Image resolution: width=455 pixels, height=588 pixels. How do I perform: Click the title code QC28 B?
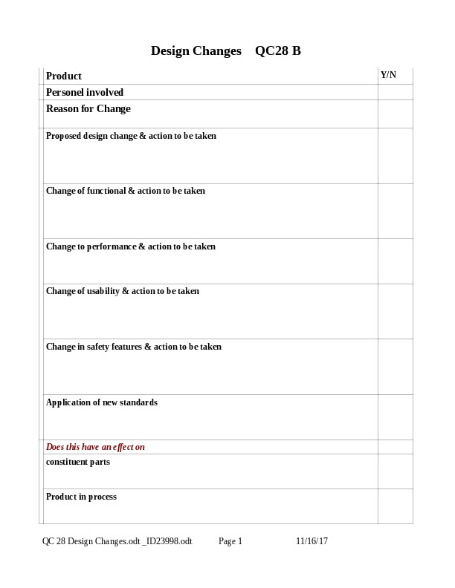(x=277, y=51)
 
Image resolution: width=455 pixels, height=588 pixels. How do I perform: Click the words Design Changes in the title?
(x=196, y=51)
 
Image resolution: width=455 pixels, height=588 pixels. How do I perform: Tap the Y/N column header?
(x=388, y=75)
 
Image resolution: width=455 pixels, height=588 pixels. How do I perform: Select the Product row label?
(x=64, y=76)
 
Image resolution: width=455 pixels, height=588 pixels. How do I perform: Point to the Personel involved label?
(x=85, y=92)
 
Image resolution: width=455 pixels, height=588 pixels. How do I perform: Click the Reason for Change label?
(x=88, y=108)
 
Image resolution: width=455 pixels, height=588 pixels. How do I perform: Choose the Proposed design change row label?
(x=131, y=136)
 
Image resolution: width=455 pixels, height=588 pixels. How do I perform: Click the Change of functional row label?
(x=126, y=191)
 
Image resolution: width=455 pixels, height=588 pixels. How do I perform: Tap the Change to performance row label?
(x=131, y=246)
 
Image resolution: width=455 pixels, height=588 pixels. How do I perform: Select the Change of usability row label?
(x=123, y=291)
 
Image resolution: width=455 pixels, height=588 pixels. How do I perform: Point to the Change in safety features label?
(x=134, y=347)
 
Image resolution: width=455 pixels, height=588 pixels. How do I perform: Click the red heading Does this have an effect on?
(x=95, y=447)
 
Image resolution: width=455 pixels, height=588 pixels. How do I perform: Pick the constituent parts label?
(x=78, y=462)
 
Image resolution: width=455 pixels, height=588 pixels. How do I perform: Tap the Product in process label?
(x=81, y=497)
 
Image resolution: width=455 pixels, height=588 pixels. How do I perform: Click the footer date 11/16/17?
(x=312, y=541)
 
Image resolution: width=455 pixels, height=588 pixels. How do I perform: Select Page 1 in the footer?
(x=230, y=541)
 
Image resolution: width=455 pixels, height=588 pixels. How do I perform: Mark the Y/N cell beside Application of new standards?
(x=395, y=417)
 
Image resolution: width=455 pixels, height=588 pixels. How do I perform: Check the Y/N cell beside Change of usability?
(x=395, y=311)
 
